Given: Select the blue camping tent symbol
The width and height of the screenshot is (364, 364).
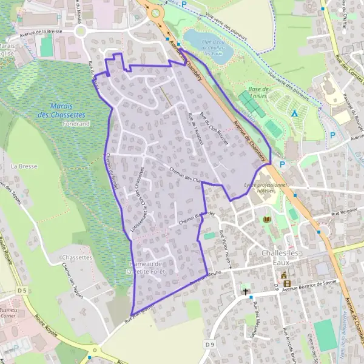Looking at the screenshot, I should tap(294, 113).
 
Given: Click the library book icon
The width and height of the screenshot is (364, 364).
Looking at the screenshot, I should tap(266, 219).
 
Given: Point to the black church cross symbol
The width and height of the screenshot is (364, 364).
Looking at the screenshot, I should tap(246, 291).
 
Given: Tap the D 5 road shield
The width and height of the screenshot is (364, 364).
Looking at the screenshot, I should tap(22, 291).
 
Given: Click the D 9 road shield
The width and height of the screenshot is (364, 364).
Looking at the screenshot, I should tap(210, 345).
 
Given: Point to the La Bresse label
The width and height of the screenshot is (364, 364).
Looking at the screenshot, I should tap(21, 165).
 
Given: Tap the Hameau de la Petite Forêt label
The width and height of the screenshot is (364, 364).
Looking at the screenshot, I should tap(146, 268).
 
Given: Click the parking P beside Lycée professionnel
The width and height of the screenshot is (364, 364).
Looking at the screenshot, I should tap(282, 164).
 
